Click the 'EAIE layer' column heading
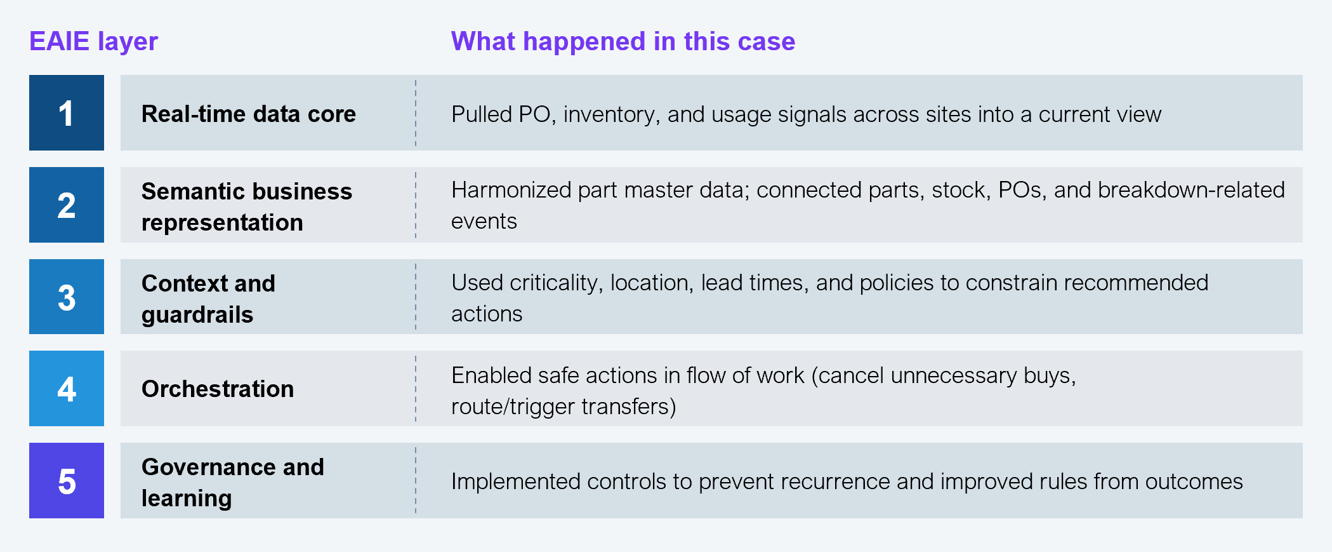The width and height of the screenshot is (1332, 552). point(93,42)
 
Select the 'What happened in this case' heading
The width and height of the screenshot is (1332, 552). point(623,42)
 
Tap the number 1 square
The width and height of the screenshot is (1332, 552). point(67,112)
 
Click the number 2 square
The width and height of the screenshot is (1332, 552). point(67,205)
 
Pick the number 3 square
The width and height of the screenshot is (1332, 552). point(67,297)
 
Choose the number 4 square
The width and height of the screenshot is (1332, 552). point(67,388)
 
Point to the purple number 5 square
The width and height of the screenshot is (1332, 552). point(67,480)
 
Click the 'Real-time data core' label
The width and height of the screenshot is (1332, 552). point(249,114)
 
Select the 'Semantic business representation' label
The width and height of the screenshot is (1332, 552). point(247,206)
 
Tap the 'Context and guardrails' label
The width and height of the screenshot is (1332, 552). point(208,299)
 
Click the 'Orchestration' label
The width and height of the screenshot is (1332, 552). point(218,389)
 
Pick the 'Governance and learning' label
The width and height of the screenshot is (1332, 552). point(233,482)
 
